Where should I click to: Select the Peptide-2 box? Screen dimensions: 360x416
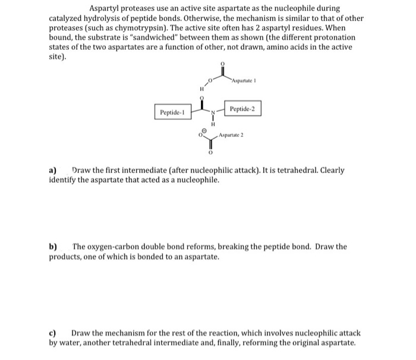pyautogui.click(x=242, y=109)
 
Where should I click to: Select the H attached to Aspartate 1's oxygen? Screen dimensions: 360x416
pyautogui.click(x=201, y=90)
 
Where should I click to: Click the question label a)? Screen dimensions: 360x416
pyautogui.click(x=53, y=170)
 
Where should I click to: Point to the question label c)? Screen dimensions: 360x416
pyautogui.click(x=53, y=333)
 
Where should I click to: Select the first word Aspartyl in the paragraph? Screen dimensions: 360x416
pyautogui.click(x=105, y=9)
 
